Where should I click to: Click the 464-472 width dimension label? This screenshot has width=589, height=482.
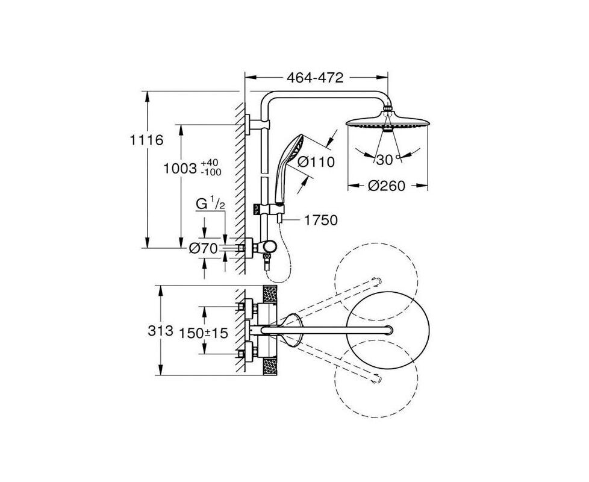point(315,78)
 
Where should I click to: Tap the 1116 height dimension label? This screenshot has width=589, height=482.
point(146,140)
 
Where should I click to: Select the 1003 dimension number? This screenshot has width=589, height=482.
point(180,169)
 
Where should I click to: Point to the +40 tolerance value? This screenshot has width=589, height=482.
point(209,163)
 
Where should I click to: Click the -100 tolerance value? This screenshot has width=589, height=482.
point(211,172)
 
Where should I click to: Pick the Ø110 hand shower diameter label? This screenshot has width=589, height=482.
point(316,162)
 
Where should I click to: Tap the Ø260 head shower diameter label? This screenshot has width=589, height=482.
point(387,186)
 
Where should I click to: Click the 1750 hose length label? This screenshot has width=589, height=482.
point(320,220)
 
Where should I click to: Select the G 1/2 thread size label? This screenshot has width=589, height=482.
point(210,204)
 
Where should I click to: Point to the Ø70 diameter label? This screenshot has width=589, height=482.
point(203,248)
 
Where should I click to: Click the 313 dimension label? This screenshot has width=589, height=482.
point(160,331)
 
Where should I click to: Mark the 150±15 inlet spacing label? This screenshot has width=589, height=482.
point(203,333)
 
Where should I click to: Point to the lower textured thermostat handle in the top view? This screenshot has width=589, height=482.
point(270,367)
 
